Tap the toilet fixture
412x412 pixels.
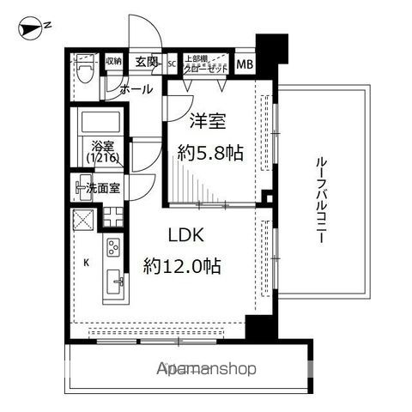[84, 68]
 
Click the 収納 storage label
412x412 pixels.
[113, 62]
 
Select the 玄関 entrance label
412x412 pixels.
[146, 62]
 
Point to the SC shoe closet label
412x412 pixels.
[171, 63]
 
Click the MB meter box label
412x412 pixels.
[245, 64]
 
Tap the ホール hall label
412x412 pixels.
[135, 88]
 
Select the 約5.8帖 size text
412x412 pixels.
[209, 154]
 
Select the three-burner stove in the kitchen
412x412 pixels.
[113, 250]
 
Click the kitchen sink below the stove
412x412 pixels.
[113, 281]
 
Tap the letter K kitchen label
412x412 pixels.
[86, 263]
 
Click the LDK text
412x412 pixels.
[186, 234]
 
